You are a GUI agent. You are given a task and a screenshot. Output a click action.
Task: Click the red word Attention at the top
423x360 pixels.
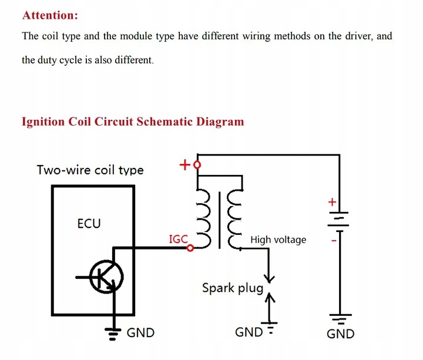[x=50, y=15]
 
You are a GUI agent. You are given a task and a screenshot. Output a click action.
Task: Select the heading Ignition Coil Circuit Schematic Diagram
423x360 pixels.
[x=133, y=122]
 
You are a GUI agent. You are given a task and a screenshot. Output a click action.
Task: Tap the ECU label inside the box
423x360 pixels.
[x=89, y=224]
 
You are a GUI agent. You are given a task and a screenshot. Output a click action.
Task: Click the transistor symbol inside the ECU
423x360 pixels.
[x=106, y=277]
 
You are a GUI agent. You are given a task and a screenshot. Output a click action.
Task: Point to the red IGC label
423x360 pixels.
[x=178, y=239]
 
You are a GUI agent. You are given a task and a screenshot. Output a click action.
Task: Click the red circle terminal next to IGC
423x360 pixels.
[x=190, y=248]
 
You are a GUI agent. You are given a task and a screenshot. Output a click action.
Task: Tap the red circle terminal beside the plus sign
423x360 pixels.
[x=197, y=164]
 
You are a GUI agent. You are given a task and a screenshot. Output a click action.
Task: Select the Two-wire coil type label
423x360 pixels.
[x=90, y=170]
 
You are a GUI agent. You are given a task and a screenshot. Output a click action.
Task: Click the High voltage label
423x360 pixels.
[x=278, y=240]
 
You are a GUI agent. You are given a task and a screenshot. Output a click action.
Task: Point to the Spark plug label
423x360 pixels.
[x=233, y=288]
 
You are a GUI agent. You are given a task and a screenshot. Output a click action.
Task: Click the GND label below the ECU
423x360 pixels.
[x=140, y=333]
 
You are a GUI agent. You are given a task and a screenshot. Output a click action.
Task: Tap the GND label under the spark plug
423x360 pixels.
[x=249, y=332]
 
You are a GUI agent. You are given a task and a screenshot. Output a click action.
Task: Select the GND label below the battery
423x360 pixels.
[x=340, y=334]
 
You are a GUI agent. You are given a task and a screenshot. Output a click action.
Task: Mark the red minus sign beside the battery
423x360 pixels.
[x=334, y=240]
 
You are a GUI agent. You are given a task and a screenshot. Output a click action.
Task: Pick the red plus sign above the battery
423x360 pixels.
[x=333, y=201]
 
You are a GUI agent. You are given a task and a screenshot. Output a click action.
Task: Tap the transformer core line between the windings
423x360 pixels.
[x=219, y=220]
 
